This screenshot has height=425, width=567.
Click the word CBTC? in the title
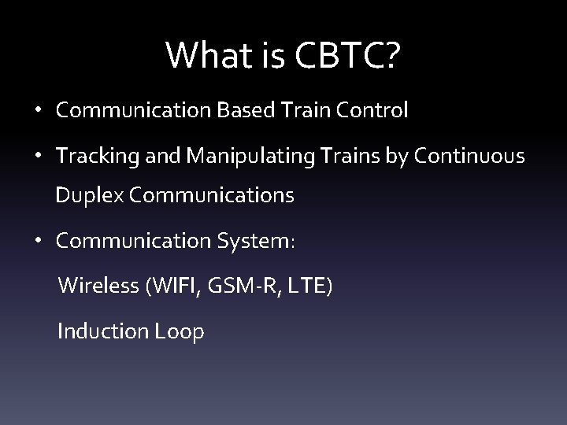(348, 54)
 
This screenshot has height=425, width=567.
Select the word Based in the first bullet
(240, 111)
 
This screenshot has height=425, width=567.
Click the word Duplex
(86, 196)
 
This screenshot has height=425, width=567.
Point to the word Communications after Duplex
(212, 196)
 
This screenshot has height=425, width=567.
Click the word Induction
(101, 331)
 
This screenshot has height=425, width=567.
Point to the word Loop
(180, 331)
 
